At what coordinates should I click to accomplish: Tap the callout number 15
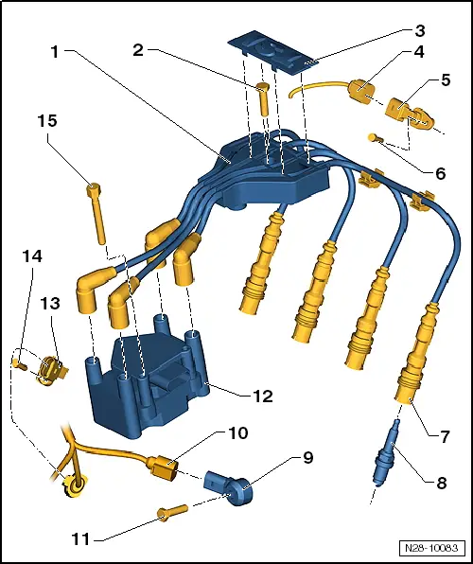click(x=48, y=121)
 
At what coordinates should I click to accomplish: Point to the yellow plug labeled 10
click(x=163, y=465)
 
